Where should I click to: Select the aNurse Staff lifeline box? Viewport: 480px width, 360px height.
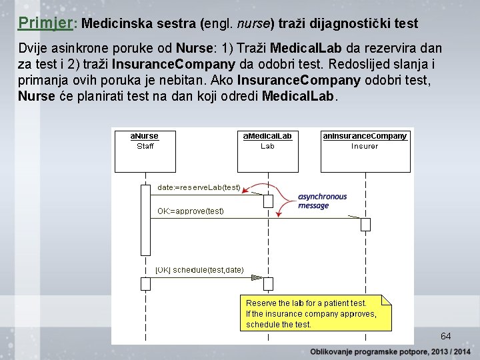(145, 151)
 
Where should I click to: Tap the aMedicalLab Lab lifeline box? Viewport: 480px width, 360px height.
(267, 151)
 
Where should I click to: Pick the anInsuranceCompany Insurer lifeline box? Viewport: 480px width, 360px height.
(365, 151)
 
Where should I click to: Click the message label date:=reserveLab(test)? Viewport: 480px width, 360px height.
(199, 188)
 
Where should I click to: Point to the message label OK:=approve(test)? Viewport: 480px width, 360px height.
(191, 211)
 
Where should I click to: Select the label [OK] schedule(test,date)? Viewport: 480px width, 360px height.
(199, 270)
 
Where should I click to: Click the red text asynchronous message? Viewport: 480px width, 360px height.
(322, 201)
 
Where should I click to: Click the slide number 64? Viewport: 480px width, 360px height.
(445, 336)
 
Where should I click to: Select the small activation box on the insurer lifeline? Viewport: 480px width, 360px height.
(365, 225)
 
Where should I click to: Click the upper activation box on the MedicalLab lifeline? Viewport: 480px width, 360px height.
(268, 201)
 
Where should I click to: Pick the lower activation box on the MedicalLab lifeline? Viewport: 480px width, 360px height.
(268, 284)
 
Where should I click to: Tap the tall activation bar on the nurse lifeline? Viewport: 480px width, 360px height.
(145, 220)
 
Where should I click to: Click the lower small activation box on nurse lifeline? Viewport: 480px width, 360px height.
(145, 284)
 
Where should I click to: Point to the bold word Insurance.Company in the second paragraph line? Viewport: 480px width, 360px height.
(173, 65)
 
